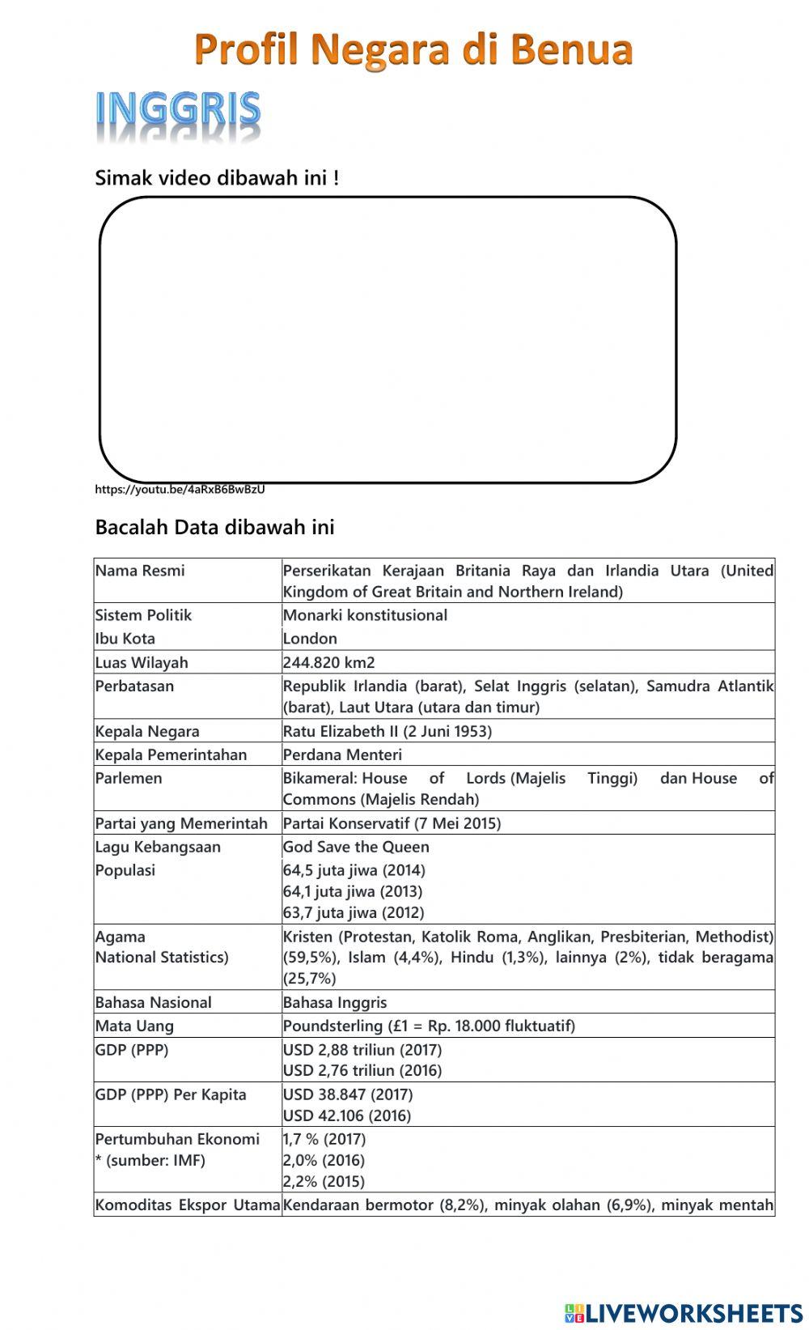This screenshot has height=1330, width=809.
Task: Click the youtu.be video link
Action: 180,489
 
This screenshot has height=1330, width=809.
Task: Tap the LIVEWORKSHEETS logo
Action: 684,1312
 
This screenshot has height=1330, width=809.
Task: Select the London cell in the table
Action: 310,638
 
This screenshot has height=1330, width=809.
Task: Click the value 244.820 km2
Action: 328,662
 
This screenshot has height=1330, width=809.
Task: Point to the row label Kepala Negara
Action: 147,731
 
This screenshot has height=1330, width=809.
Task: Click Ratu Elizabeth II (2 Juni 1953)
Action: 387,731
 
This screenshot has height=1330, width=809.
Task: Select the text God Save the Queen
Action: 356,847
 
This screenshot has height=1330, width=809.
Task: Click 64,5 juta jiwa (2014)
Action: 354,870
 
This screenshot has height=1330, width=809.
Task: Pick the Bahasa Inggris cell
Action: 335,1002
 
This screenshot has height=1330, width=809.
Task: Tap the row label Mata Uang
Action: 134,1026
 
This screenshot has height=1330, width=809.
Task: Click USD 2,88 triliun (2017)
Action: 362,1049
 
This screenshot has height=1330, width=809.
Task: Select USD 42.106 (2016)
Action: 347,1115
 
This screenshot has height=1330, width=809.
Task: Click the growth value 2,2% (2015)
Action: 324,1181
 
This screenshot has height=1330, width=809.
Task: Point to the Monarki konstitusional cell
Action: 365,614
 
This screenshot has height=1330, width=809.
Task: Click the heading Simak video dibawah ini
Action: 217,177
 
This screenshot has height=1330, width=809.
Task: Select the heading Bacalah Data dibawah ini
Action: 214,527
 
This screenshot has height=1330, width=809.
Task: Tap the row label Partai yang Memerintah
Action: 181,823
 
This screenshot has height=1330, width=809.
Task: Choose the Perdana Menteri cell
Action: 342,754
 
